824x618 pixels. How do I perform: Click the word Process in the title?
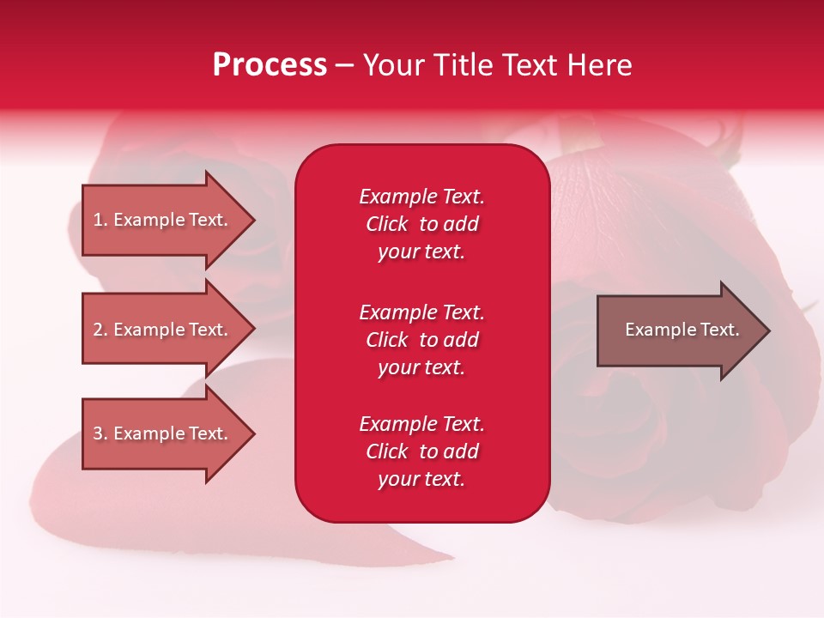[270, 65]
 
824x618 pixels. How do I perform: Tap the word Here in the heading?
[599, 65]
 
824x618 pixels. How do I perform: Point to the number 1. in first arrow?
[100, 220]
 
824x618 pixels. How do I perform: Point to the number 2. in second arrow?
[100, 330]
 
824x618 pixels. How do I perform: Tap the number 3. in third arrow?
[100, 433]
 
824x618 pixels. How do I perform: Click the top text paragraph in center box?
[421, 224]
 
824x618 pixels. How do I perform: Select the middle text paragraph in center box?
[421, 340]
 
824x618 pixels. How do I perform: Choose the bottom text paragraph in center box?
[421, 451]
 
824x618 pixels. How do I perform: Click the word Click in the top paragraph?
[386, 224]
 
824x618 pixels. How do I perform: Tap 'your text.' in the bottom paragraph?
[421, 479]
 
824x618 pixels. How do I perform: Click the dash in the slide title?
[344, 65]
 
